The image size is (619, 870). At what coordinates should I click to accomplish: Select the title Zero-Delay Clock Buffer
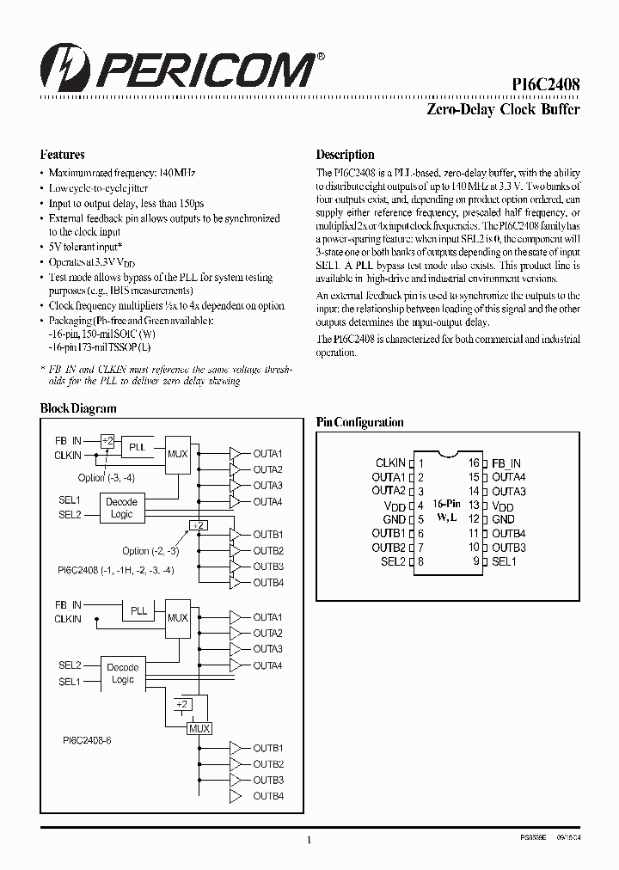(x=503, y=110)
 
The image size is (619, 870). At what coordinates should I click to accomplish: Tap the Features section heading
(x=62, y=156)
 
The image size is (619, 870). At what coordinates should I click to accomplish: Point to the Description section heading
(x=345, y=156)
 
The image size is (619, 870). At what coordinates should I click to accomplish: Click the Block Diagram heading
(x=78, y=409)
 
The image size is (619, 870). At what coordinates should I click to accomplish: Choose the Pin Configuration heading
(x=359, y=422)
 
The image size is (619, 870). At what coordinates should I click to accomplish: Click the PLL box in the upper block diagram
(x=138, y=448)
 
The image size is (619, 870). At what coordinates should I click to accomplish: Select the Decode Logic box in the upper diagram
(x=122, y=508)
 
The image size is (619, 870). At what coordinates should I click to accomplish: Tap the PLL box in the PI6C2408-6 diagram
(x=138, y=611)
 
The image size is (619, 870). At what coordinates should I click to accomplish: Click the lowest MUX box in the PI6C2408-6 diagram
(x=199, y=727)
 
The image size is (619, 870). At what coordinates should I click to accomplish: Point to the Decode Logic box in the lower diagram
(x=122, y=673)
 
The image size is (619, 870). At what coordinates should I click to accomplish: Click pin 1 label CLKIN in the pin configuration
(x=390, y=463)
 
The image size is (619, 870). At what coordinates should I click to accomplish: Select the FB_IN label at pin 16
(x=506, y=463)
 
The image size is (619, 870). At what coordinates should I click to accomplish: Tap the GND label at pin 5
(x=394, y=519)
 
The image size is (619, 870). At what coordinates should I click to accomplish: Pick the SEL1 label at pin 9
(x=504, y=561)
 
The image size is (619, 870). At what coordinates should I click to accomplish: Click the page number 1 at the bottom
(x=308, y=841)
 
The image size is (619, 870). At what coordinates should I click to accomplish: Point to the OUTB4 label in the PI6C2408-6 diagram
(x=267, y=796)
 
